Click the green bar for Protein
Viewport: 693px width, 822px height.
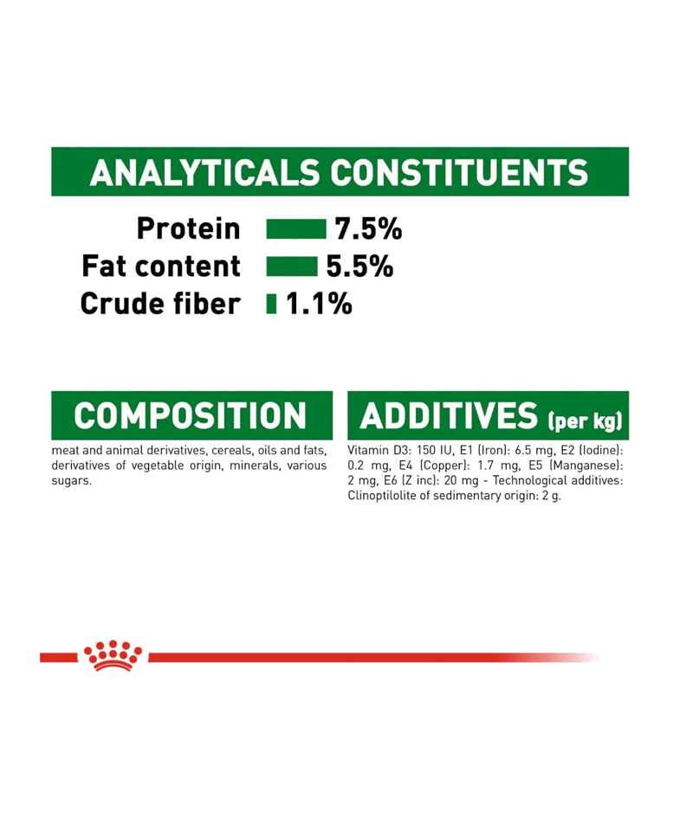[x=296, y=229]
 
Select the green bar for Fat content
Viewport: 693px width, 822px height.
[x=292, y=267]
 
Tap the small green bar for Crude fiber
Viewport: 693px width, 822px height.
[x=271, y=304]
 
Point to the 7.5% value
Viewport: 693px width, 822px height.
[x=368, y=229]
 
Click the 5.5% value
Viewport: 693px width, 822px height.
[x=359, y=267]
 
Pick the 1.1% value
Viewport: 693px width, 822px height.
[x=319, y=304]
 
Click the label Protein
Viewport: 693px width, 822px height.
[x=189, y=228]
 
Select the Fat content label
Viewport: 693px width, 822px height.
[x=161, y=266]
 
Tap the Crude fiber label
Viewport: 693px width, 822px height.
[x=160, y=304]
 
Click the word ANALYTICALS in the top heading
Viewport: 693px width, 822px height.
[x=204, y=172]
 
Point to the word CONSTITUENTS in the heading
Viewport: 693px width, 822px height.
[x=459, y=172]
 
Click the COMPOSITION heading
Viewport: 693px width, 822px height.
[x=190, y=415]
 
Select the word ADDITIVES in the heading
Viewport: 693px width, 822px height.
[x=449, y=415]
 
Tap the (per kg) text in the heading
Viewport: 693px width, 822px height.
[x=586, y=421]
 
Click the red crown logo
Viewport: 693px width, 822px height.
[x=113, y=655]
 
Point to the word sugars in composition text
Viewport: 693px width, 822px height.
[x=71, y=481]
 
